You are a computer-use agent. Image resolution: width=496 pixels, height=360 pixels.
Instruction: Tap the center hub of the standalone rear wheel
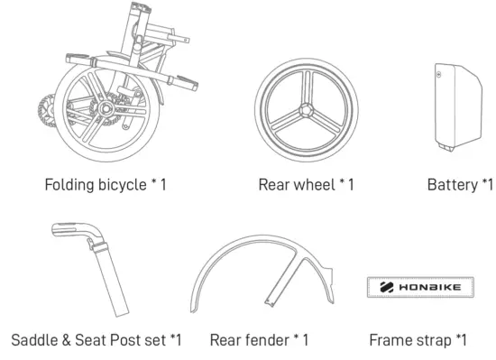tap(307, 115)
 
